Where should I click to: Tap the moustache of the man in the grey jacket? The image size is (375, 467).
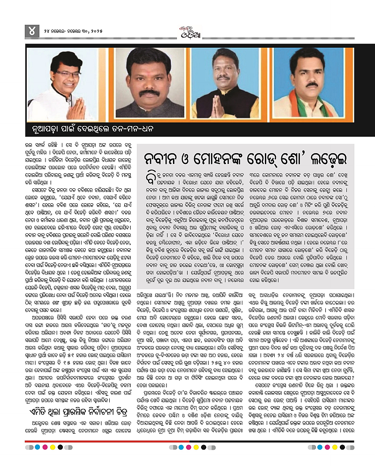coord(150,92)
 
